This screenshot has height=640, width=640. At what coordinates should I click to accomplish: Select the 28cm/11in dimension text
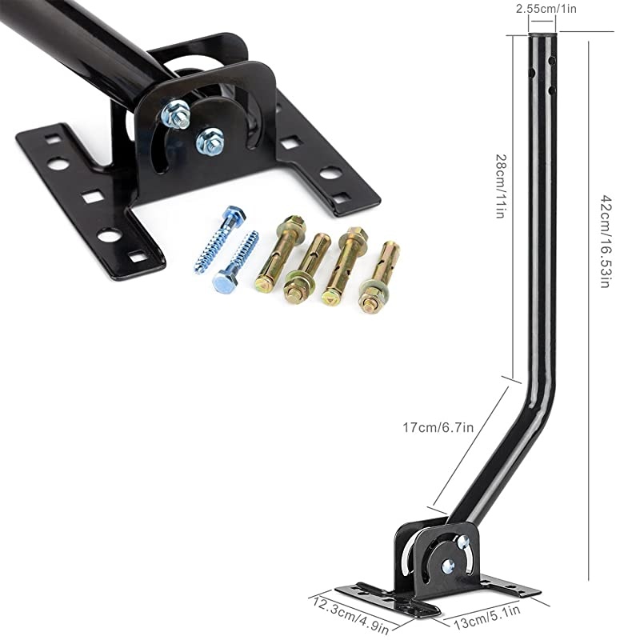pyautogui.click(x=499, y=187)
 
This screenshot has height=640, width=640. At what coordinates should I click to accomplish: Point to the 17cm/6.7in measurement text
pyautogui.click(x=440, y=427)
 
